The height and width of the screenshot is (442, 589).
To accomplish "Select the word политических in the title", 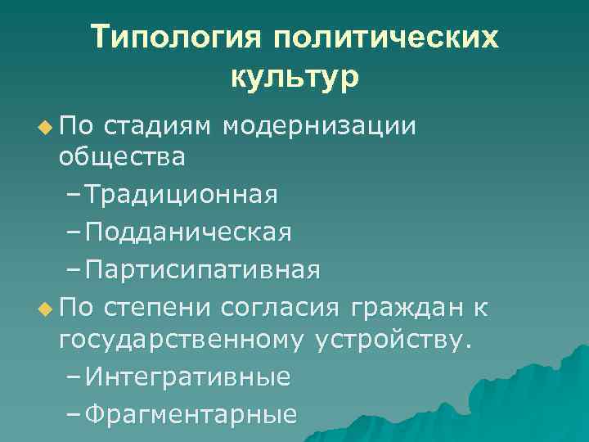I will (x=386, y=38).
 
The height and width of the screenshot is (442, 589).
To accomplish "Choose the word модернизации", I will (x=319, y=126).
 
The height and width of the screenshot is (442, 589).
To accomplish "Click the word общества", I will (x=122, y=156).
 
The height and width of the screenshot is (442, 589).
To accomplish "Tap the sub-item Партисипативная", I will (x=202, y=269).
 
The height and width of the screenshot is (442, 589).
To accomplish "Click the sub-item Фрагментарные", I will (x=190, y=415).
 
